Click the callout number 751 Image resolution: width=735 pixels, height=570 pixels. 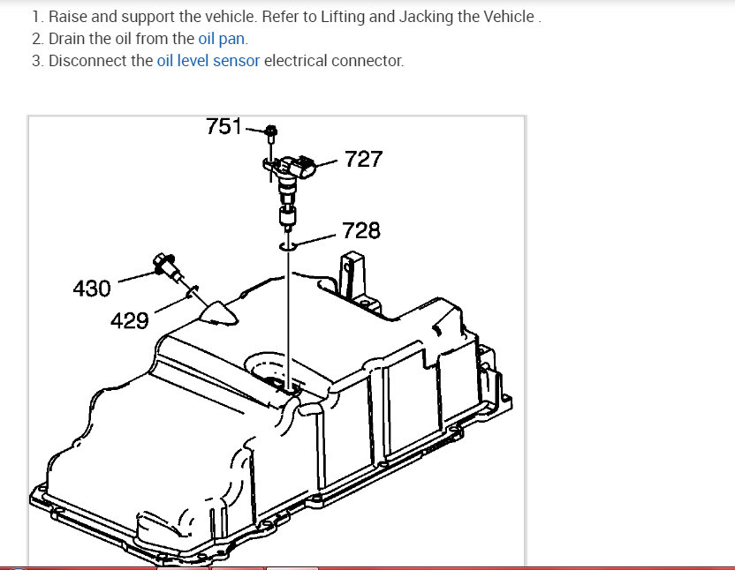(224, 126)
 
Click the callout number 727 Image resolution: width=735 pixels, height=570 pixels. (363, 159)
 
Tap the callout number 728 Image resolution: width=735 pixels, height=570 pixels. (361, 230)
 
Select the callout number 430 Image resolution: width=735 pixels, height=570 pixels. (92, 288)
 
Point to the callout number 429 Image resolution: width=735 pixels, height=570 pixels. (129, 321)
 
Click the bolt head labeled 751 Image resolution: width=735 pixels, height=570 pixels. (271, 131)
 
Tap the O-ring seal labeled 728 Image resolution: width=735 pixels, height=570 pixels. (287, 246)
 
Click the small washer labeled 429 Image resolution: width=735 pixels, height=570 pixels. (193, 291)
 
